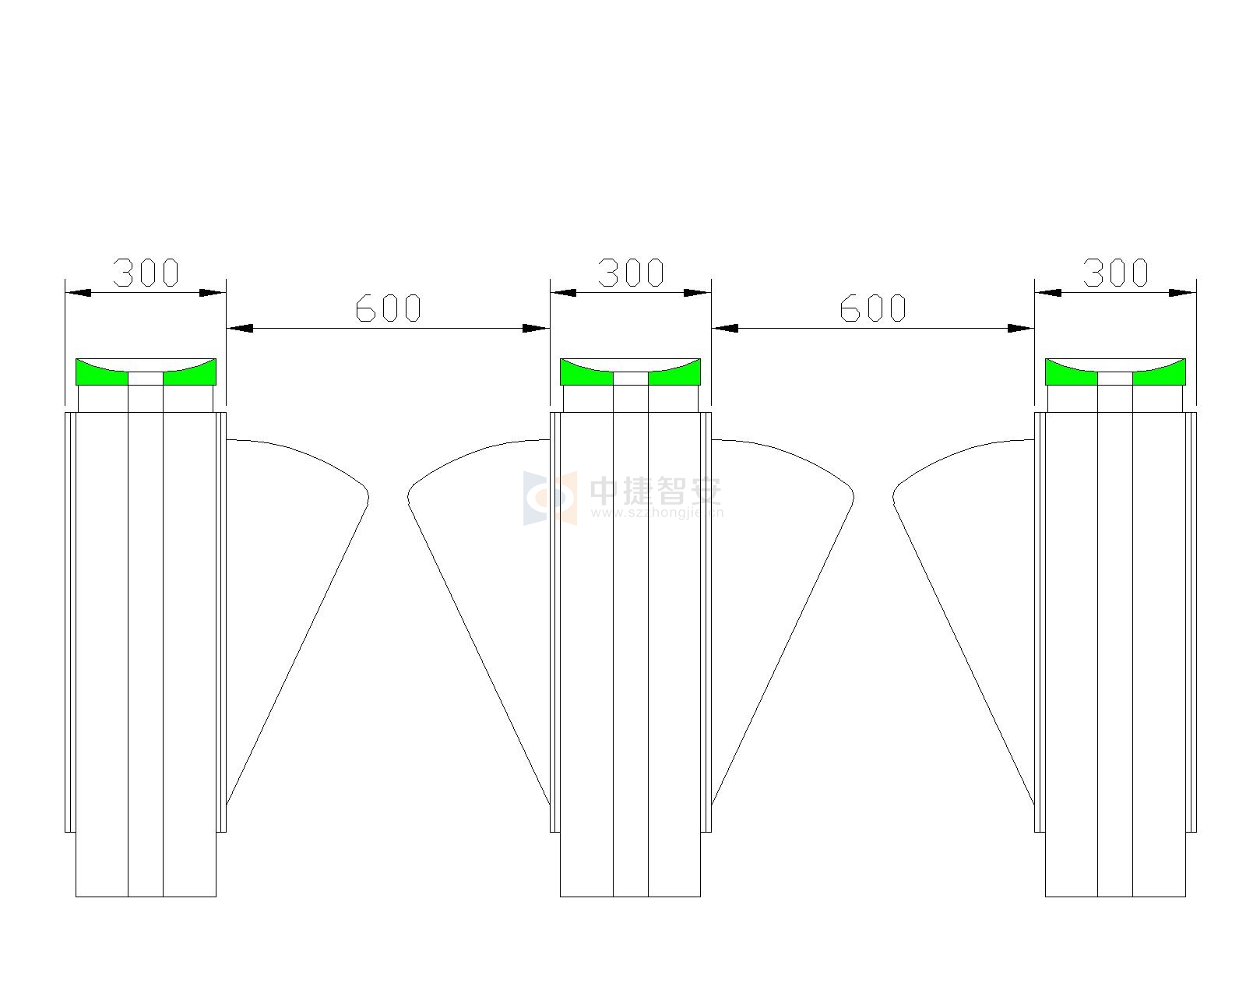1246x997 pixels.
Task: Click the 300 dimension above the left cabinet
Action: (146, 273)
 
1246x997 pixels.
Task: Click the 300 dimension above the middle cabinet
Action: (631, 273)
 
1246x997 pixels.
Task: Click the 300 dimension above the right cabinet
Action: (1115, 273)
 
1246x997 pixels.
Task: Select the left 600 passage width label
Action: (388, 308)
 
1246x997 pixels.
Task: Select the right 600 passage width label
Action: (873, 308)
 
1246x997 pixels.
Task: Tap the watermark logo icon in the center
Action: (550, 498)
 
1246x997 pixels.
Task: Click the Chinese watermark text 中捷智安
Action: (656, 491)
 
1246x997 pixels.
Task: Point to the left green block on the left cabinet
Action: (102, 374)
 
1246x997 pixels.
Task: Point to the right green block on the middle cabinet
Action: (674, 374)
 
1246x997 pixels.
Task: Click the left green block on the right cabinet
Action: (1072, 374)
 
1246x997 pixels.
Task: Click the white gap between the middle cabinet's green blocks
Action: (631, 379)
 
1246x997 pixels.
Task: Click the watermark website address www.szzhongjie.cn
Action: (656, 513)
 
